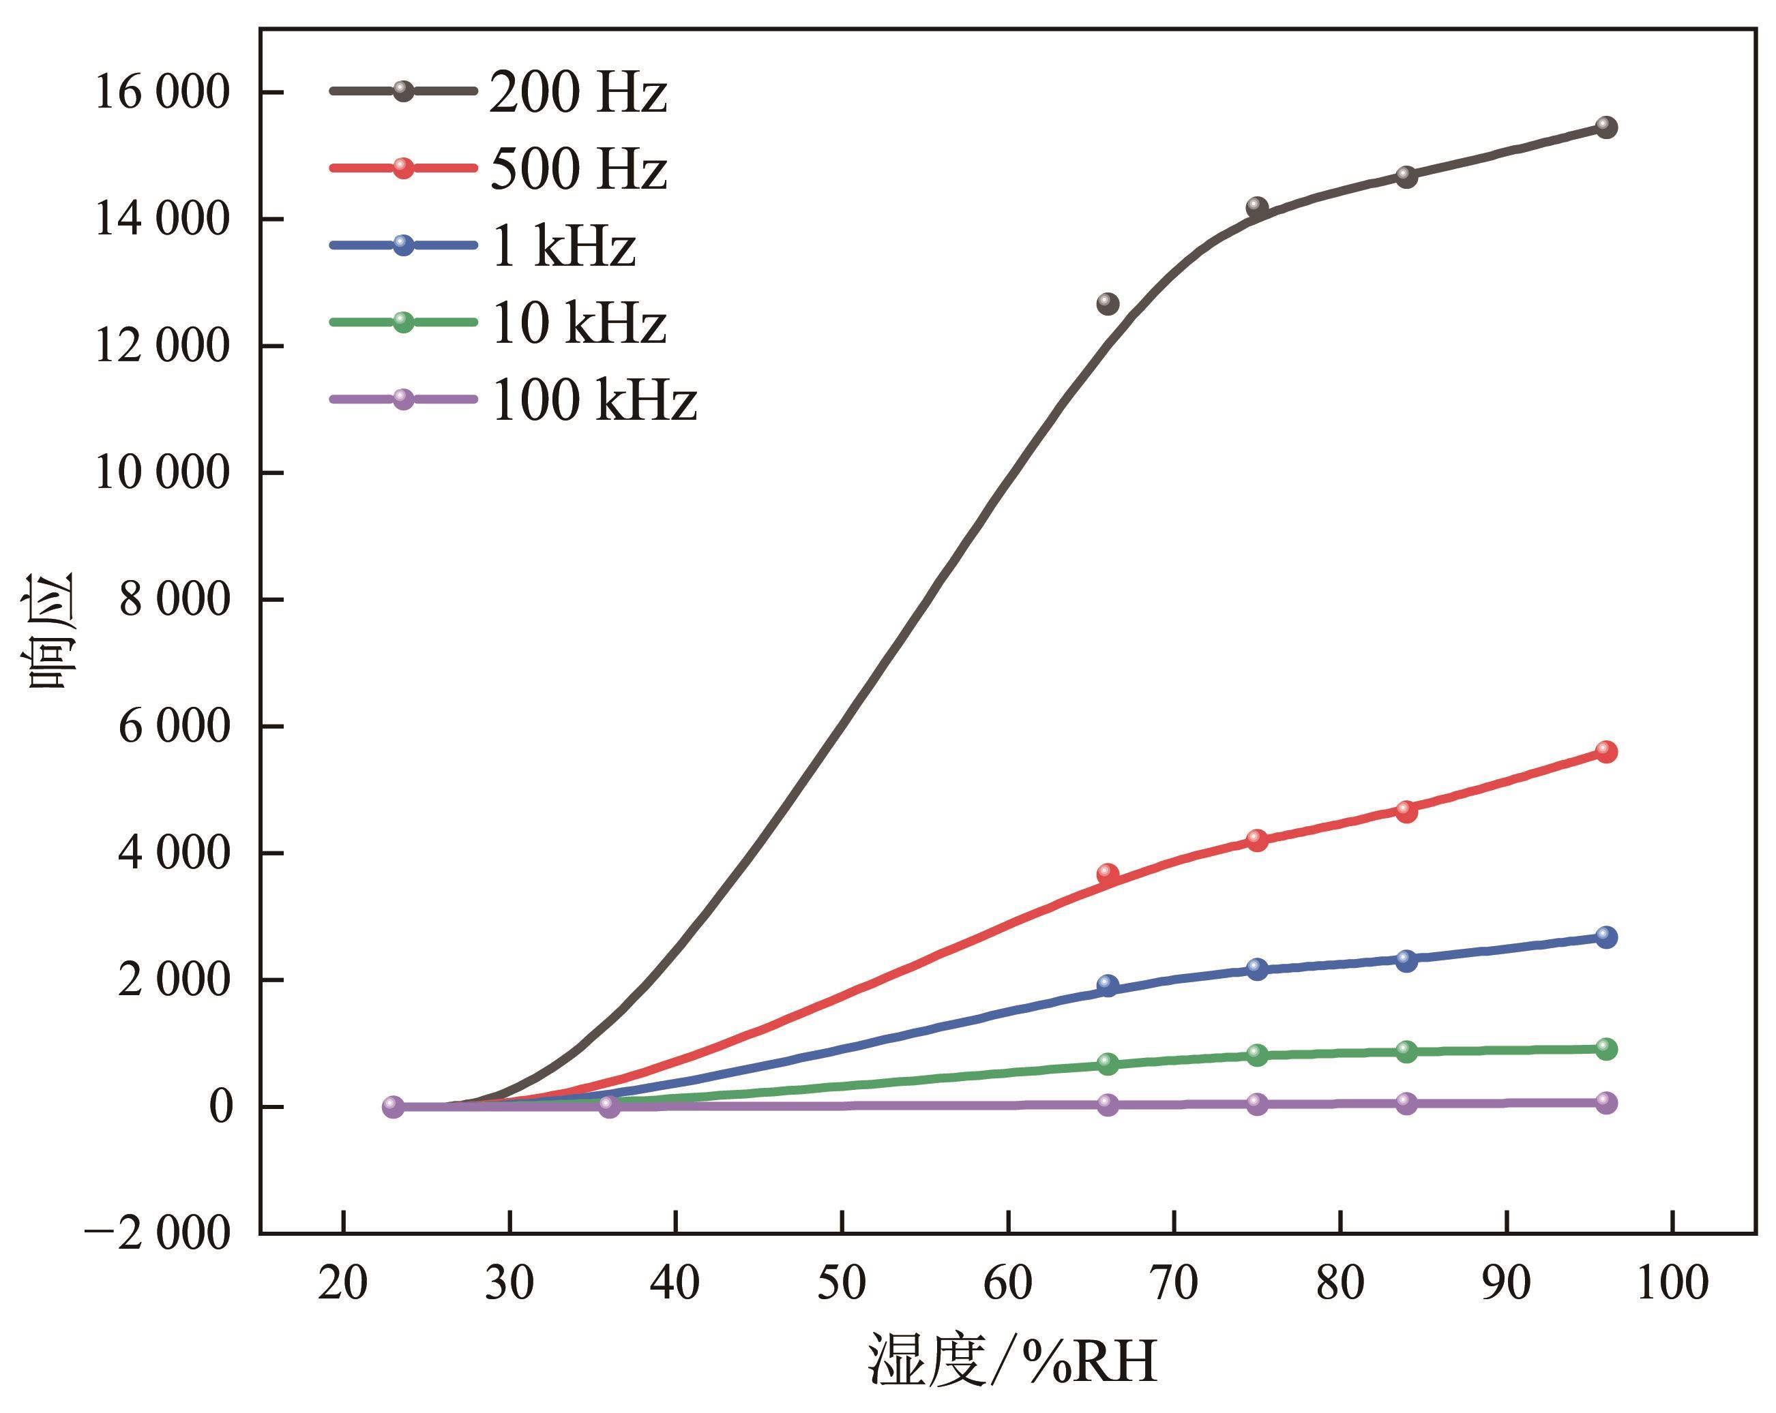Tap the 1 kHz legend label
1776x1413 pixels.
coord(564,245)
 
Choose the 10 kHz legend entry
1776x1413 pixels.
coord(578,322)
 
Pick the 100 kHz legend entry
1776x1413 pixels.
coord(594,400)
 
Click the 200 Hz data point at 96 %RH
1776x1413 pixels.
coord(1605,127)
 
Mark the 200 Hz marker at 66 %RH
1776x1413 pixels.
coord(1108,303)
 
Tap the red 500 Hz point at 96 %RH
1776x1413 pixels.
coord(1605,751)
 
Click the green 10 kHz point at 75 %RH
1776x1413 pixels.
coord(1257,1054)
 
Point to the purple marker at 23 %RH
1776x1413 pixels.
coord(393,1107)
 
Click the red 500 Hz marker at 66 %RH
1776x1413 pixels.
coord(1108,874)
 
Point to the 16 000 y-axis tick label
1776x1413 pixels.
coord(162,92)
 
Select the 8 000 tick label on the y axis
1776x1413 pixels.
coord(174,599)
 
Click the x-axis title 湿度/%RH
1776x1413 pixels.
coord(1011,1361)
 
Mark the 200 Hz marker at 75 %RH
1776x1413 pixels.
coord(1257,206)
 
